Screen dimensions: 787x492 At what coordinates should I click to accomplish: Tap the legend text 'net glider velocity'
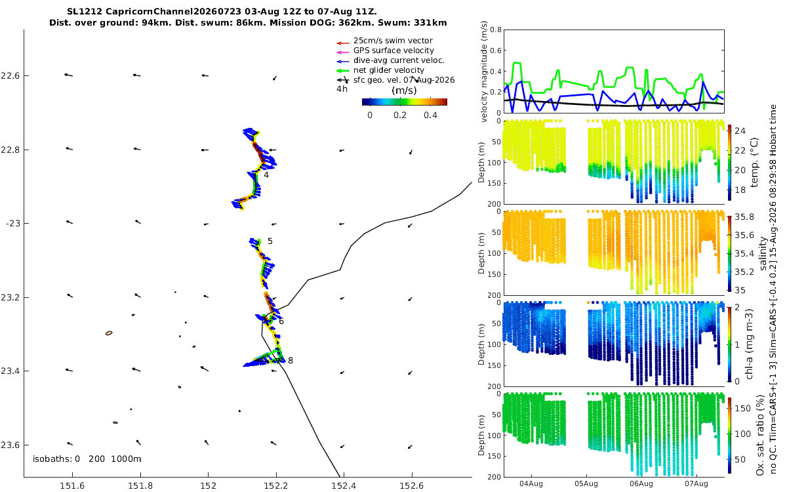click(x=388, y=70)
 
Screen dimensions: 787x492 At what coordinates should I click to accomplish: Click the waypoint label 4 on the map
click(x=266, y=175)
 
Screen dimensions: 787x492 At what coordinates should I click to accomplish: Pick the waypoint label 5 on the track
click(x=270, y=241)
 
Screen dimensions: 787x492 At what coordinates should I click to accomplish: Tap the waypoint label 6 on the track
click(x=281, y=321)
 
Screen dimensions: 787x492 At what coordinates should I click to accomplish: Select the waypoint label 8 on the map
click(x=290, y=360)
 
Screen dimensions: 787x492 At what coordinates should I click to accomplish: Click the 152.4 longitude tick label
click(x=344, y=486)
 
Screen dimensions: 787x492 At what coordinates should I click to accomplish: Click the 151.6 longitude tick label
click(x=72, y=486)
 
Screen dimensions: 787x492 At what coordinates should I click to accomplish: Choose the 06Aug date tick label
click(x=641, y=484)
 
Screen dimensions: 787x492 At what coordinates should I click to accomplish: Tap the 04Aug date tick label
click(x=531, y=484)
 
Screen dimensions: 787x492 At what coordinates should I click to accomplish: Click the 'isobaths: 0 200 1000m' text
click(x=87, y=459)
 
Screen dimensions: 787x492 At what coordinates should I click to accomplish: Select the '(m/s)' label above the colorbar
click(x=404, y=91)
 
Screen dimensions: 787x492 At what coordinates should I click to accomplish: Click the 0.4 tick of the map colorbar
click(x=430, y=115)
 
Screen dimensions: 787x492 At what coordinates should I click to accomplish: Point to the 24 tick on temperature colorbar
click(x=740, y=131)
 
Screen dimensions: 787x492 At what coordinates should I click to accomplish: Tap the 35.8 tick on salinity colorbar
click(x=744, y=217)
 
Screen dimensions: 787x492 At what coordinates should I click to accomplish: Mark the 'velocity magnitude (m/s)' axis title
click(x=484, y=72)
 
